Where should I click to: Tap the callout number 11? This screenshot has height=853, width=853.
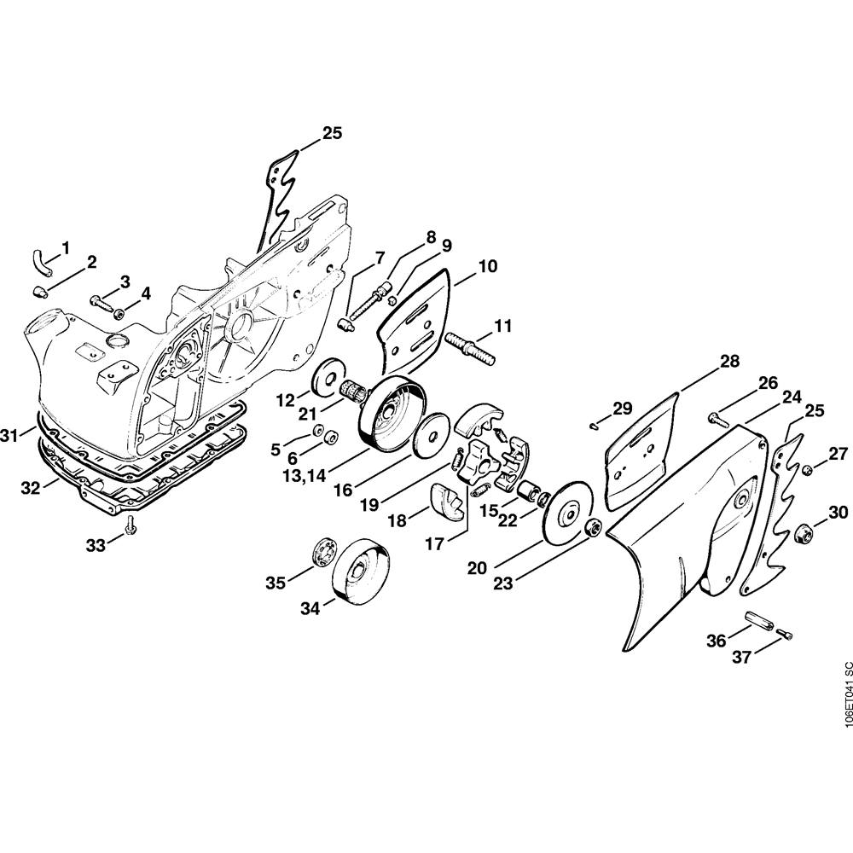tap(503, 324)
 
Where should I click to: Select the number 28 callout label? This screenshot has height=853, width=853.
tap(729, 362)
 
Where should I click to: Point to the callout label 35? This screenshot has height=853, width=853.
tap(275, 583)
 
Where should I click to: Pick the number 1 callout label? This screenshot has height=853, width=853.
tap(66, 247)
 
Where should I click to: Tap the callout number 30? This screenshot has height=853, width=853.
tap(838, 513)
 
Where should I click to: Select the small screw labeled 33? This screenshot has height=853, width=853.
tap(130, 527)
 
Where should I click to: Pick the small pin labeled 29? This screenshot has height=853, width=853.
tap(595, 421)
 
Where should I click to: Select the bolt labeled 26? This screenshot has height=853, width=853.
tap(717, 418)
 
